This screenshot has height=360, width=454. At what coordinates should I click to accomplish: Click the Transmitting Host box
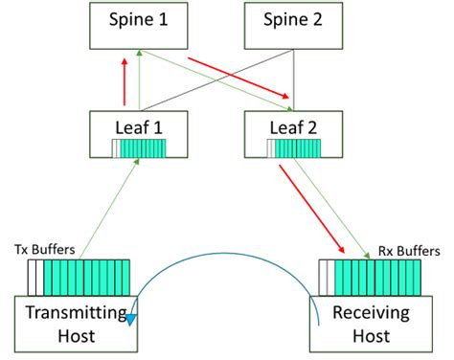pyautogui.click(x=73, y=324)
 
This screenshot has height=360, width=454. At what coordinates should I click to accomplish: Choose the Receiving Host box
pyautogui.click(x=372, y=324)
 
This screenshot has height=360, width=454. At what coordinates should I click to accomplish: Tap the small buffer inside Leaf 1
pyautogui.click(x=140, y=147)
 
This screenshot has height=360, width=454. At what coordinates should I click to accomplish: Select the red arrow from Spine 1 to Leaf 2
pyautogui.click(x=240, y=78)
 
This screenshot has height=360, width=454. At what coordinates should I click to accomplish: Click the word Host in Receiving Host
pyautogui.click(x=372, y=336)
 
